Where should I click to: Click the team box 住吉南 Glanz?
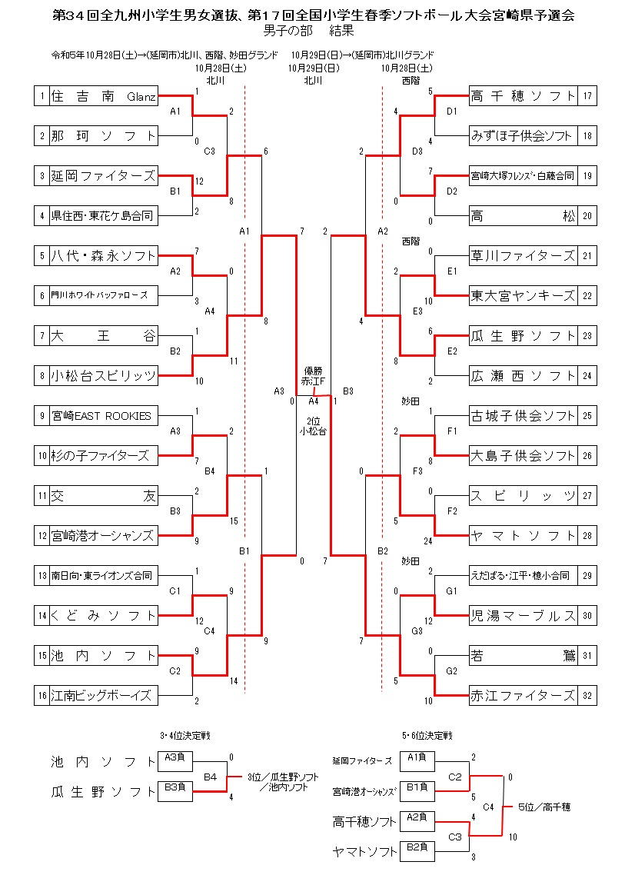point(103,96)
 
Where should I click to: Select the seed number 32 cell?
point(587,696)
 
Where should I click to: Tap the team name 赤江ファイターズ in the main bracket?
point(523,696)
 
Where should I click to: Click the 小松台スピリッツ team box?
point(103,376)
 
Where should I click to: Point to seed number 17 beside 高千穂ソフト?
point(587,96)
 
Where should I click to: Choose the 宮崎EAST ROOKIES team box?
point(103,416)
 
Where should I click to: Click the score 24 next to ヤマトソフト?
point(427,541)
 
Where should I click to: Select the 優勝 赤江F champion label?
point(312,376)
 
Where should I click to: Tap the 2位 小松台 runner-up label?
point(312,427)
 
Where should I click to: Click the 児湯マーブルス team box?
point(523,616)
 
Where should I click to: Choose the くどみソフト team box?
point(103,616)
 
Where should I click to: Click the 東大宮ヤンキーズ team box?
point(523,296)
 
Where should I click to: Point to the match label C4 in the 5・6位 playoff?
point(488,807)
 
